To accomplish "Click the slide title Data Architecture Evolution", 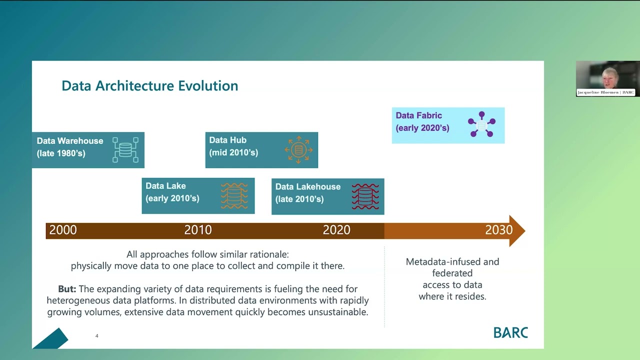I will pyautogui.click(x=149, y=86).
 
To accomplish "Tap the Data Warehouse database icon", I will pyautogui.click(x=125, y=149).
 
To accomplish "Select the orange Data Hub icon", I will pyautogui.click(x=298, y=149).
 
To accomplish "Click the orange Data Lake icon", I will pyautogui.click(x=234, y=195).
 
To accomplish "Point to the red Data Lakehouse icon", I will pyautogui.click(x=365, y=196).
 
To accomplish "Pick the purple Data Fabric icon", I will pyautogui.click(x=481, y=124).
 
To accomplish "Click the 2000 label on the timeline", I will pyautogui.click(x=63, y=230).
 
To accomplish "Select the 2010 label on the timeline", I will pyautogui.click(x=198, y=230).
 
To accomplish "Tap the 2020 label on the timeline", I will pyautogui.click(x=336, y=230).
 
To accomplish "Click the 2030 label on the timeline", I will pyautogui.click(x=498, y=230).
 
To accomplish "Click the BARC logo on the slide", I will pyautogui.click(x=510, y=332).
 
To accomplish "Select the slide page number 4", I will pyautogui.click(x=97, y=336).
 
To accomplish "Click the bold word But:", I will pyautogui.click(x=67, y=289).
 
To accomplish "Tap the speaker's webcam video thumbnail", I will pyautogui.click(x=607, y=78).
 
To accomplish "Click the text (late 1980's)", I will pyautogui.click(x=61, y=153).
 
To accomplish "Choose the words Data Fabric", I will pyautogui.click(x=418, y=115).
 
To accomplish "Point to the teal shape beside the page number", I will pyautogui.click(x=51, y=339).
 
